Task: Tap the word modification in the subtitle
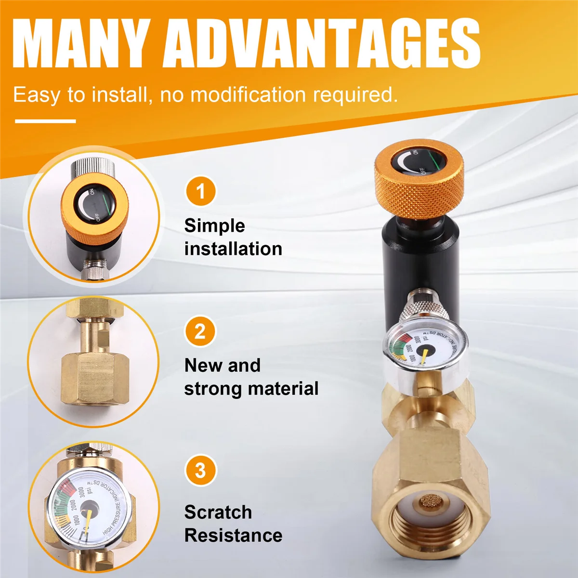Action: [x=248, y=95]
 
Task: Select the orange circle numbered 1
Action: [x=200, y=192]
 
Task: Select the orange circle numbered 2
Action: [x=200, y=331]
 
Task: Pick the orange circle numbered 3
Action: [x=200, y=471]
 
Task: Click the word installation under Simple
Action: [x=233, y=249]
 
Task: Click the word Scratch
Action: [x=218, y=512]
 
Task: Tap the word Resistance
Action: [x=233, y=535]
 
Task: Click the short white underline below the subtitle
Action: [x=45, y=121]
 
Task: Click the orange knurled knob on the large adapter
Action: [x=418, y=193]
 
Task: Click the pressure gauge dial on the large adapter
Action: [x=424, y=350]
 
